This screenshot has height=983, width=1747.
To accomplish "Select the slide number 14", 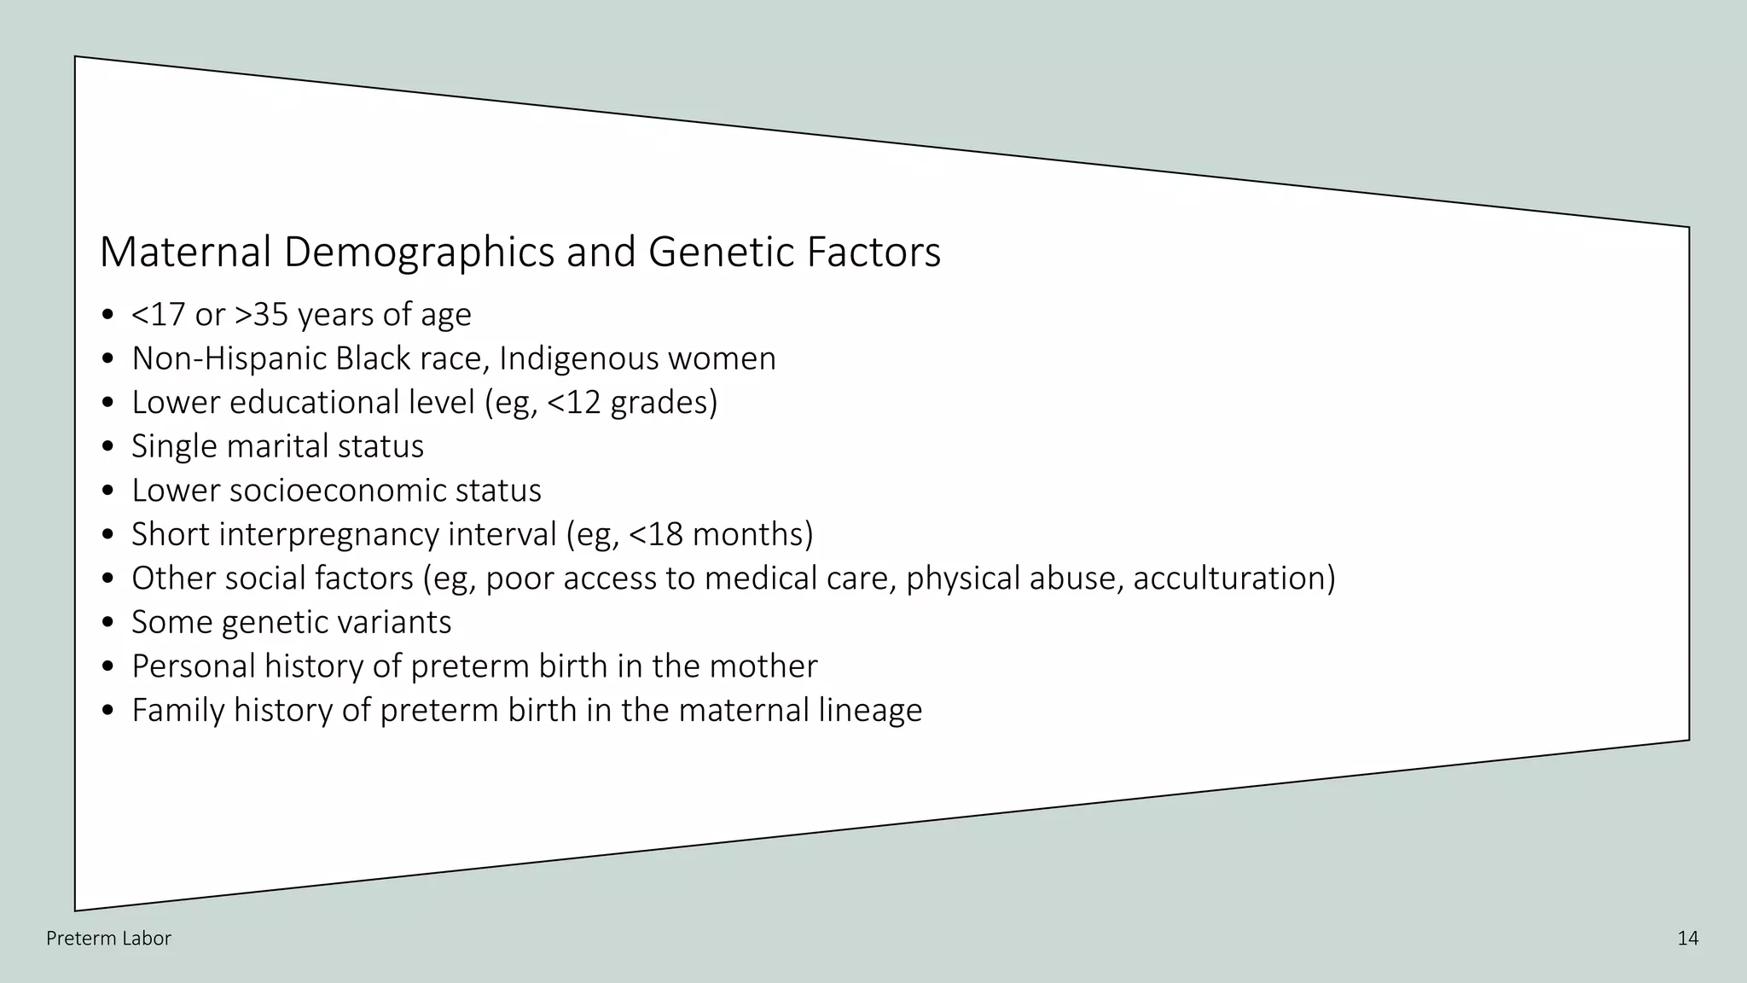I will click(1687, 939).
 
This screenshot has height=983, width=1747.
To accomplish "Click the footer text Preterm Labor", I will click(108, 939).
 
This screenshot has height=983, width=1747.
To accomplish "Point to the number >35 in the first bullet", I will click(262, 315).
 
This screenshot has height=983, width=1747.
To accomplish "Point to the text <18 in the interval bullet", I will click(656, 534).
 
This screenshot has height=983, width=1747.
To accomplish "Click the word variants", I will click(395, 622).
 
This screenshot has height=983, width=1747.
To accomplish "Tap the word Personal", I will click(193, 666).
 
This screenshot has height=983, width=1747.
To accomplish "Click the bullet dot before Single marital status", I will click(107, 447).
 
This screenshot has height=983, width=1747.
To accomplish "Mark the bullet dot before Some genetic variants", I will click(107, 623).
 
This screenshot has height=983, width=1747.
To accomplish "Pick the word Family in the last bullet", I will click(177, 710).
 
